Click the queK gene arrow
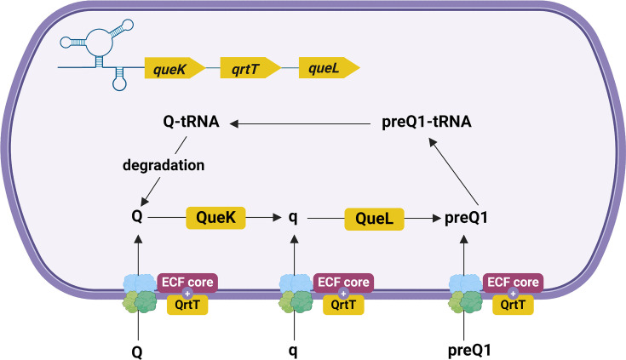click(175, 68)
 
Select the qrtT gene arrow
click(250, 68)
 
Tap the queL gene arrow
click(329, 68)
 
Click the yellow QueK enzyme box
click(215, 218)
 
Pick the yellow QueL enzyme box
click(374, 219)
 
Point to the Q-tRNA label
click(192, 122)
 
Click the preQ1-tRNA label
click(427, 122)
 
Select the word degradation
click(164, 165)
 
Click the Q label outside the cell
click(137, 352)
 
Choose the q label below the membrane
click(293, 351)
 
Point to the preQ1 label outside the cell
click(469, 351)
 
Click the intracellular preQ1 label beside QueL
click(466, 218)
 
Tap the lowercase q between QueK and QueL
click(293, 218)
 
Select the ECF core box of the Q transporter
click(187, 283)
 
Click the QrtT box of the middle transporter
click(343, 306)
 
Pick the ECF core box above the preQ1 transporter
click(513, 283)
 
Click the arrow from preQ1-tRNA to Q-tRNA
click(300, 124)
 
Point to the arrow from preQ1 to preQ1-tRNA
click(453, 171)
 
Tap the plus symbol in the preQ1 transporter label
click(513, 294)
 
